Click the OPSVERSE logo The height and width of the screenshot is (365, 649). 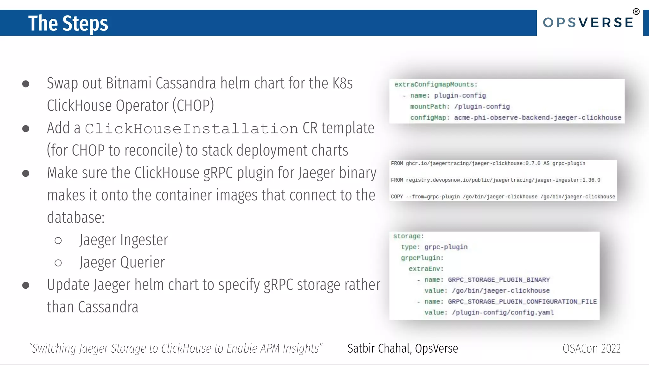588,23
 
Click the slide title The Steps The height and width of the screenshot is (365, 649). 68,23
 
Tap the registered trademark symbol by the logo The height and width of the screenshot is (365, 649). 636,12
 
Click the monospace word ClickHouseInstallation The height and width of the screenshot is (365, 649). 191,129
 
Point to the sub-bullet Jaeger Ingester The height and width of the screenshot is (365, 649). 124,240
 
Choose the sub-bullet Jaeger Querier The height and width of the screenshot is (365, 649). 122,262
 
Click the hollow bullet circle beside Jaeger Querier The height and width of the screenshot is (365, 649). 58,263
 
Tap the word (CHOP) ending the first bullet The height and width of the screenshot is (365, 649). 193,106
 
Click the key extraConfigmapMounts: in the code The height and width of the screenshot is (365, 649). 436,85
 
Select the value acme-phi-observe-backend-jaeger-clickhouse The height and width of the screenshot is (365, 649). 537,118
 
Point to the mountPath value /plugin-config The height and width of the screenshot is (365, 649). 482,106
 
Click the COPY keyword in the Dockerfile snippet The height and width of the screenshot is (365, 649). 397,197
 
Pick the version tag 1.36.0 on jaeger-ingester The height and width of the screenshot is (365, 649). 591,180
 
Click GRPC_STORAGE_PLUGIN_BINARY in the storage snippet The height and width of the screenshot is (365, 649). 499,280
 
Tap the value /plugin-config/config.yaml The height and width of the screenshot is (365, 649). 503,312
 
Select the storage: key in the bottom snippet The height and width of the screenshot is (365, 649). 408,236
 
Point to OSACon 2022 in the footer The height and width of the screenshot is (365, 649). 591,349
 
